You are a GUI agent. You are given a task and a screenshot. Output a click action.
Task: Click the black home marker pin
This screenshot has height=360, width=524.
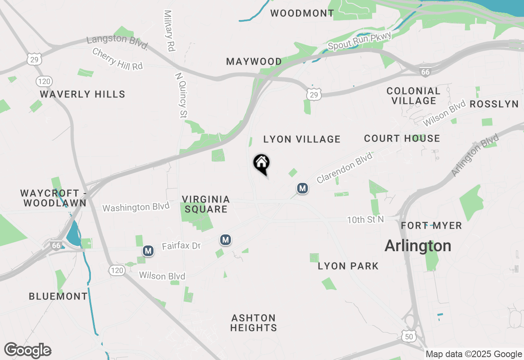coord(262,164)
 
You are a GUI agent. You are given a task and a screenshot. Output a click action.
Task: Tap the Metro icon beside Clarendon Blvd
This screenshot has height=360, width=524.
coord(303,188)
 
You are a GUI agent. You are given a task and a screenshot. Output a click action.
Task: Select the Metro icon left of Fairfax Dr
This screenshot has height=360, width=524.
coord(148,250)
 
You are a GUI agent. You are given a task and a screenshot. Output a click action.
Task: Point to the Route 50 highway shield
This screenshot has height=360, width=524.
coord(409,336)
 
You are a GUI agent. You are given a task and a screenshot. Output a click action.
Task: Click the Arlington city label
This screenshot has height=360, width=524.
coord(418,246)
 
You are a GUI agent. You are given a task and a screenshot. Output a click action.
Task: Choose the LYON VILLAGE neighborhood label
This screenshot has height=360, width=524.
coord(302,139)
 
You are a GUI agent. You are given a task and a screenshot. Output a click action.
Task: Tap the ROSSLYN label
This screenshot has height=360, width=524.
coord(494,104)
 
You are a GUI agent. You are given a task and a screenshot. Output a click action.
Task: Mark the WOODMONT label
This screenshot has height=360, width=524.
coord(302,13)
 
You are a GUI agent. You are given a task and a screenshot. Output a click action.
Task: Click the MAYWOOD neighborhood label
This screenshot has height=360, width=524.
coord(254,62)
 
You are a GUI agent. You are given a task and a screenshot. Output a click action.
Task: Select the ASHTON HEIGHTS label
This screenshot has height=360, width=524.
coord(254,323)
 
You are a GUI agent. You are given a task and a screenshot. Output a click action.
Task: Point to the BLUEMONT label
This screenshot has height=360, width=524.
coord(58,296)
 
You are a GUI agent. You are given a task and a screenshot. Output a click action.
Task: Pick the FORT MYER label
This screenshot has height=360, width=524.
coord(431,225)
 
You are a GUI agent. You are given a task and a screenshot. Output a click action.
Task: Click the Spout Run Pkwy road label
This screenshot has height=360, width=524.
coord(360,41)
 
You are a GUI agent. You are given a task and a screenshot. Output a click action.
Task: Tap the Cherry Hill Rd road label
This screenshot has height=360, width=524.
coord(117,59)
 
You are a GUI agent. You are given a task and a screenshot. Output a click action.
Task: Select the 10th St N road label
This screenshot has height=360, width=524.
coord(366,220)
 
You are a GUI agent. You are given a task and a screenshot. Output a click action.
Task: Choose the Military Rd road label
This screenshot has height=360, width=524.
coord(169,31)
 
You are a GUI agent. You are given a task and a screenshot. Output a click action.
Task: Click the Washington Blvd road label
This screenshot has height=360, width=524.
coord(136,207)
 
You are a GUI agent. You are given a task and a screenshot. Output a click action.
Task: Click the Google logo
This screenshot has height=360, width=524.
coord(28,351)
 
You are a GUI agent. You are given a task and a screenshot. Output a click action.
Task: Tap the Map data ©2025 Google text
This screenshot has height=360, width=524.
coord(474,354)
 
